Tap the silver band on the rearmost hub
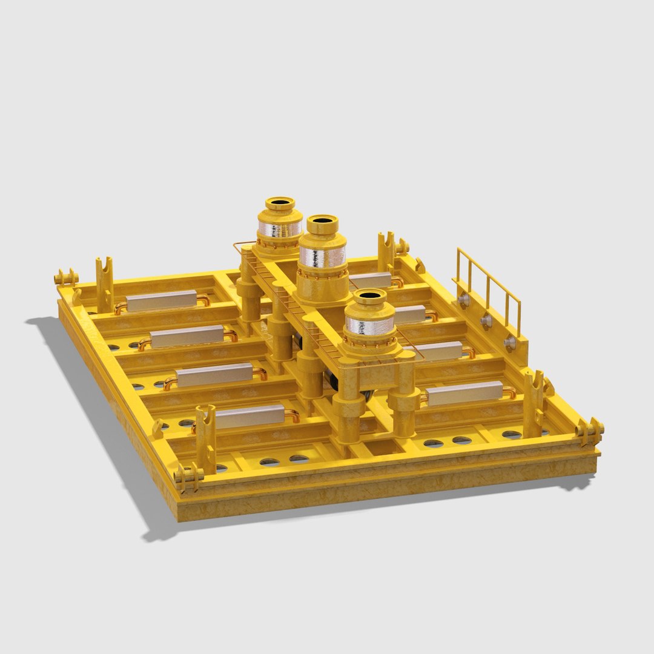pyautogui.click(x=280, y=228)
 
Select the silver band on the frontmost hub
pyautogui.click(x=369, y=325)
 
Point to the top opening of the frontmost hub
pyautogui.click(x=369, y=297)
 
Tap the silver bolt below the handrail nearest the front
pyautogui.click(x=510, y=343)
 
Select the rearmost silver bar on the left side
pyautogui.click(x=162, y=300)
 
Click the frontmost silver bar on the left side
pyautogui.click(x=249, y=416)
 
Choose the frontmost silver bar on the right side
pyautogui.click(x=464, y=393)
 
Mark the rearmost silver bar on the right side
pyautogui.click(x=370, y=279)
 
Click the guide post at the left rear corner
pyautogui.click(x=104, y=285)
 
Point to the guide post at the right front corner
pyautogui.click(x=533, y=404)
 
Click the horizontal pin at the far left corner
pyautogui.click(x=66, y=278)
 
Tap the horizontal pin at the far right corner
pyautogui.click(x=590, y=431)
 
